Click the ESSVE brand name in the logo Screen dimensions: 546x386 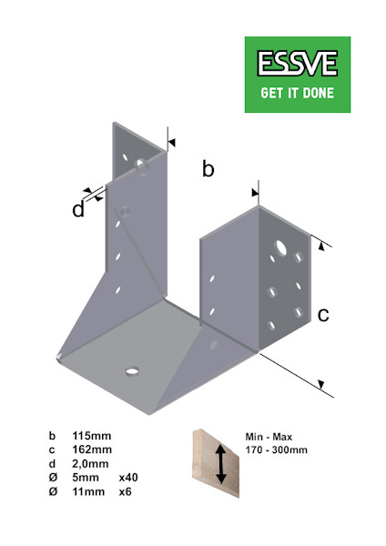tap(298, 64)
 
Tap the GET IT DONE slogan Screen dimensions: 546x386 tap(298, 92)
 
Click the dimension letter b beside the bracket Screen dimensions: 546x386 tap(208, 169)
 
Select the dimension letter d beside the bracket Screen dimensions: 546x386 tap(79, 210)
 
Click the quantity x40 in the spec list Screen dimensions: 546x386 tap(129, 477)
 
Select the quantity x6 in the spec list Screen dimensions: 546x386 tap(127, 490)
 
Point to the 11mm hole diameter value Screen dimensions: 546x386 tap(89, 490)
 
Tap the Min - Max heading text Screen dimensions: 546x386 tap(265, 436)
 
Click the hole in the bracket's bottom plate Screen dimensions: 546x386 tap(132, 371)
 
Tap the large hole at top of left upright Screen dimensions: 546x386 tap(141, 165)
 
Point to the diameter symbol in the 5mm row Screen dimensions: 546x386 tap(52, 477)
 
